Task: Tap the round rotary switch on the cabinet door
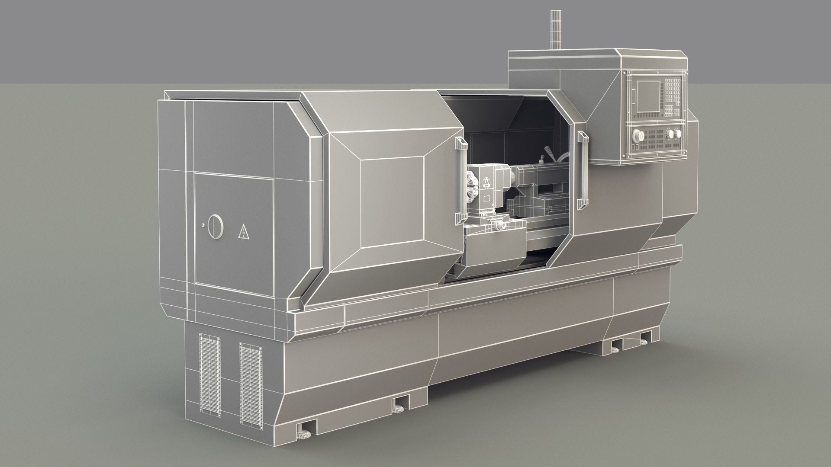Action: click(x=214, y=226)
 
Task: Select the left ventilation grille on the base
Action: click(x=210, y=374)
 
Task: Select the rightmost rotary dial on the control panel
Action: click(x=672, y=134)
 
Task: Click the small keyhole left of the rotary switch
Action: click(x=203, y=225)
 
